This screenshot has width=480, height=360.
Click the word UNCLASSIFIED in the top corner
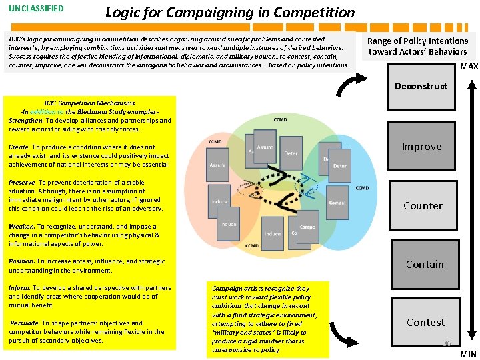[x=37, y=9]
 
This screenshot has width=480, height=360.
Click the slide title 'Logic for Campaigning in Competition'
[x=230, y=12]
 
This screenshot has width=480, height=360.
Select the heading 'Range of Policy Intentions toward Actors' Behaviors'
[x=418, y=46]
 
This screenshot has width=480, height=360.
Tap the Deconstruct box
[x=421, y=86]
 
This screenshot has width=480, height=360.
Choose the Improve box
[x=421, y=147]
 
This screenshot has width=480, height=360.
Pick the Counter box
[x=423, y=205]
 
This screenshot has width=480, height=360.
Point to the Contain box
[x=425, y=264]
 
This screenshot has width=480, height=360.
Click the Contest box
[x=425, y=322]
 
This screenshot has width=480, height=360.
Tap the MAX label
[x=469, y=67]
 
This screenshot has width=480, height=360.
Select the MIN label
[x=468, y=354]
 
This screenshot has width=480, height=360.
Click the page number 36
[x=447, y=343]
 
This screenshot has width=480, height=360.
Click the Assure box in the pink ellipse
[x=217, y=165]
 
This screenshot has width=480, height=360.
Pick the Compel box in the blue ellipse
[x=337, y=203]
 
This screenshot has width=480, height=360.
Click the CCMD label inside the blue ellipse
[x=361, y=189]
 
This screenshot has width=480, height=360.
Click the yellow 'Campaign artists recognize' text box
[x=267, y=319]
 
